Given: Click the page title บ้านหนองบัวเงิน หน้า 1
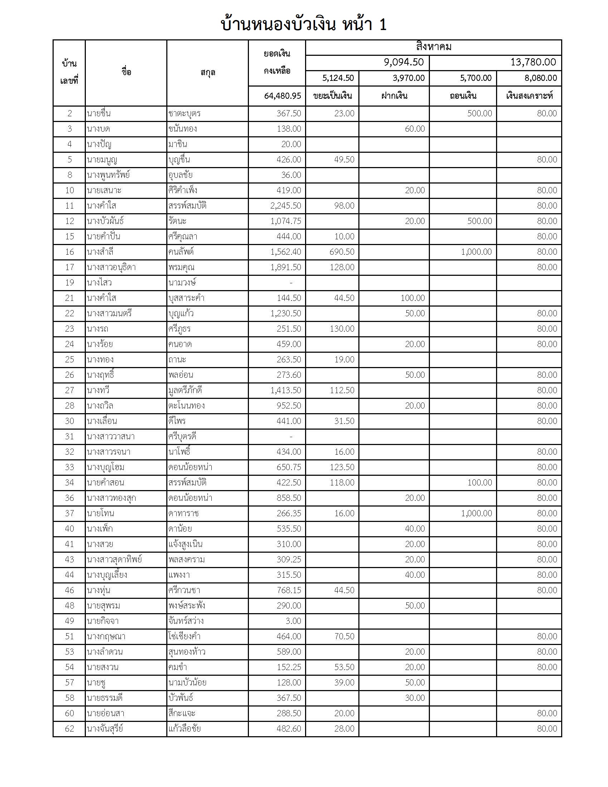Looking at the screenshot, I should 304,24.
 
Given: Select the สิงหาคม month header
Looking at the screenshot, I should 433,47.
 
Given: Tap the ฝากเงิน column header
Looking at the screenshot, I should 394,96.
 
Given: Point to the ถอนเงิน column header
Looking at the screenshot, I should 463,96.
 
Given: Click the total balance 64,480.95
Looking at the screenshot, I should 283,96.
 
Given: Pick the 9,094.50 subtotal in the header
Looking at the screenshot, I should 403,62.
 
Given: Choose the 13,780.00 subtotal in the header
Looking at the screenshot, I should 533,62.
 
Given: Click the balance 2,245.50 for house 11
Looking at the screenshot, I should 286,206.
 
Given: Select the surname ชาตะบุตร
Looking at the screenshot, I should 184,113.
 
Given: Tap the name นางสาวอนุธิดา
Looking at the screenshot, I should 111,267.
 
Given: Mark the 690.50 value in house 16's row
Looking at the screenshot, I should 342,252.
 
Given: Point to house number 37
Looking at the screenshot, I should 69,513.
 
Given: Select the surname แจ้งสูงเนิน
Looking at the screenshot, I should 185,544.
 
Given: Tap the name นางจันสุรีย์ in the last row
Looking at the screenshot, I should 105,729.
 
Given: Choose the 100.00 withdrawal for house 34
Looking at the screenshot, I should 479,483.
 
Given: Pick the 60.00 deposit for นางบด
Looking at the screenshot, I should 415,129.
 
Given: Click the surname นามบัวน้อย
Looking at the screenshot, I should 187,683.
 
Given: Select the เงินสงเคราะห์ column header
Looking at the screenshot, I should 529,96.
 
